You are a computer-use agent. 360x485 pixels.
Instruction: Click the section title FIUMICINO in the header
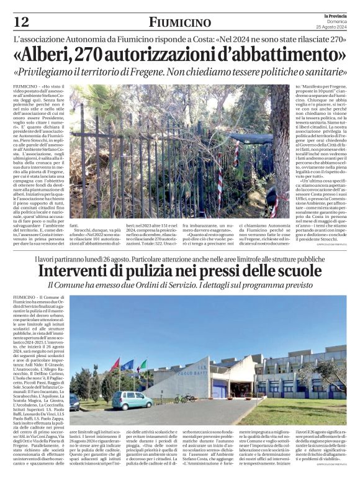180,22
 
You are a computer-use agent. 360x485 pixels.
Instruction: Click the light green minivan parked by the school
132,399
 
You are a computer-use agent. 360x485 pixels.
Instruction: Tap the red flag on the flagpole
115,364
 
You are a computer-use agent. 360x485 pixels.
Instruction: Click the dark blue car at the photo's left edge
74,402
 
